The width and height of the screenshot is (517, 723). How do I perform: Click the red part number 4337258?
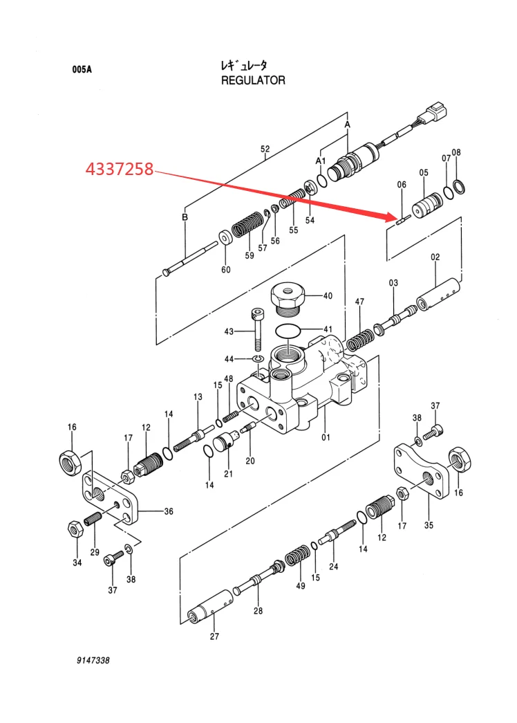point(119,168)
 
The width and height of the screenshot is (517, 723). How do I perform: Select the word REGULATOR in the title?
point(253,80)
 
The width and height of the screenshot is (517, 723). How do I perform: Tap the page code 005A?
point(81,69)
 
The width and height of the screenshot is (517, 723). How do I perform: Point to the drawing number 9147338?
point(93,661)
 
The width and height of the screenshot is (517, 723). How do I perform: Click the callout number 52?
point(265,149)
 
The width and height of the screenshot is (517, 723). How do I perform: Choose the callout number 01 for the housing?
point(326,437)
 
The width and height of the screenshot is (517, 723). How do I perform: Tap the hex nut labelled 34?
point(75,529)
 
